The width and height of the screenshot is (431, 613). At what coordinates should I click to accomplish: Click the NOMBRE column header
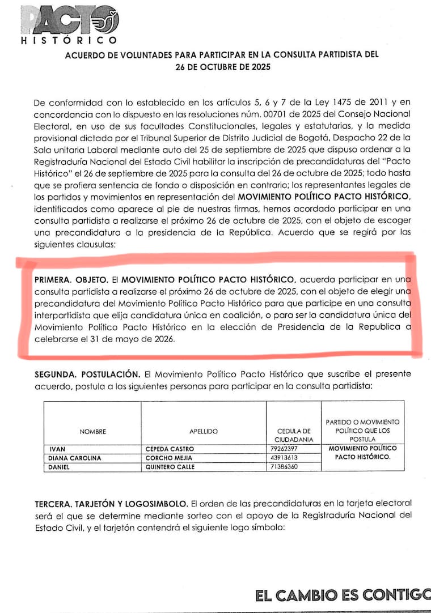[92, 432]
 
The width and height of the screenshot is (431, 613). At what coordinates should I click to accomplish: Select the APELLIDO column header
[204, 432]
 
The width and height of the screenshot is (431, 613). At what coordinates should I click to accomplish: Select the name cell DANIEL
[62, 467]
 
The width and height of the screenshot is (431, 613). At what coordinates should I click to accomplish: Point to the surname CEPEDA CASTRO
[170, 449]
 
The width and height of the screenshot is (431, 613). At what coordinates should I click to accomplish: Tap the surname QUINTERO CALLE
[170, 467]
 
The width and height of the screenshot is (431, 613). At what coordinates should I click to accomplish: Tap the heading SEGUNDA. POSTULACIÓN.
[87, 375]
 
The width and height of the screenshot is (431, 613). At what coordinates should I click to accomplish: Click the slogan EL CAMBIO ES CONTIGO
[343, 595]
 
